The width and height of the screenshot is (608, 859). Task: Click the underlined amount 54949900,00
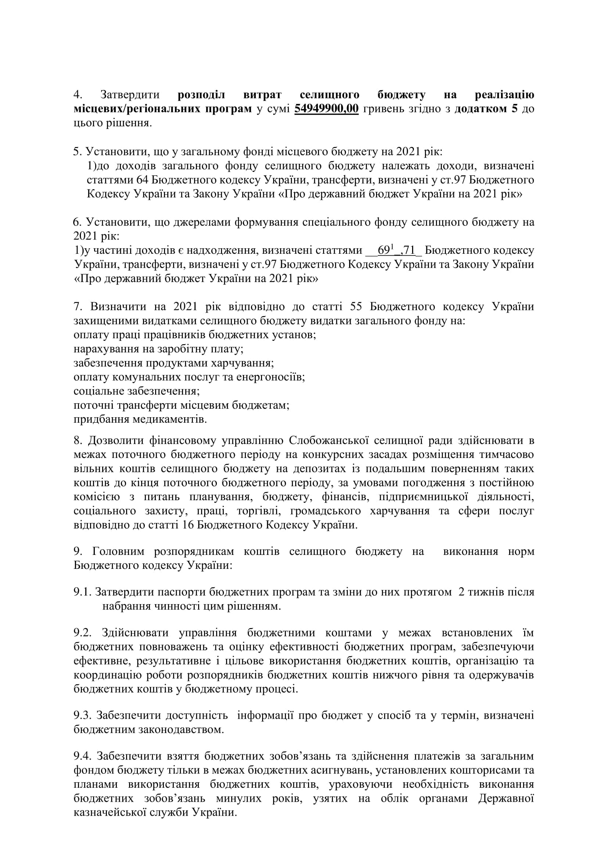tap(326, 109)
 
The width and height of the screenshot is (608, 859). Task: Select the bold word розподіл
tap(201, 95)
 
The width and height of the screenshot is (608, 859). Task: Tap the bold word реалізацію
tap(504, 95)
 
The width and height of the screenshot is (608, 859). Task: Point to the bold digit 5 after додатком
tap(514, 109)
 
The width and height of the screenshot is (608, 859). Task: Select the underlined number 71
tap(408, 250)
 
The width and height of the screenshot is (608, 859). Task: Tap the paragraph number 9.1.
tap(82, 592)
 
